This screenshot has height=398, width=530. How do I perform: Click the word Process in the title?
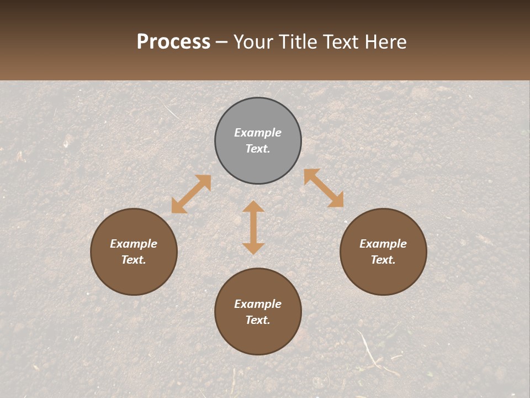click(x=173, y=42)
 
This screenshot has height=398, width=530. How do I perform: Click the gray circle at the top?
click(x=258, y=166)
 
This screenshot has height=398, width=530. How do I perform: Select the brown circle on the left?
click(x=134, y=279)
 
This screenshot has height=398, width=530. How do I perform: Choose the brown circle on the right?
click(x=383, y=279)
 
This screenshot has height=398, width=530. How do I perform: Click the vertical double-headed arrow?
click(x=253, y=227)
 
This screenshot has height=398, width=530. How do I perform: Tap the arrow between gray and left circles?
click(x=191, y=194)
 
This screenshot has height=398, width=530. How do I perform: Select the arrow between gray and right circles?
click(x=324, y=188)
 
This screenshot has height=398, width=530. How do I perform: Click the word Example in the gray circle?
click(x=258, y=133)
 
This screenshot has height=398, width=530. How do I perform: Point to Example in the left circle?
click(x=134, y=244)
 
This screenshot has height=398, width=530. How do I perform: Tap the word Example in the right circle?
click(x=383, y=244)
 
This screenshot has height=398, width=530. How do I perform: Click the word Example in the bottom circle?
click(x=258, y=304)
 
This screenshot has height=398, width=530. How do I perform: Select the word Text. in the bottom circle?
click(x=258, y=320)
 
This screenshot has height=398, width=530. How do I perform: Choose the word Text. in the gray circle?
click(x=258, y=149)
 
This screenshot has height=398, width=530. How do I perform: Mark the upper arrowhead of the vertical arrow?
click(x=253, y=207)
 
